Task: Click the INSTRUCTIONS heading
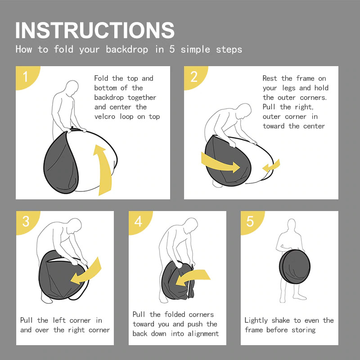tap(95, 30)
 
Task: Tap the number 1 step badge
tap(27, 76)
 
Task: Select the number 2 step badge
tap(195, 76)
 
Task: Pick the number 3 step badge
tap(27, 222)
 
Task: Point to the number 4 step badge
tap(139, 222)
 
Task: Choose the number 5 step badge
tap(252, 222)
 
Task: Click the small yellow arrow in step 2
tap(271, 166)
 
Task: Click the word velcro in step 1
tap(105, 117)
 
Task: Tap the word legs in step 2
tap(289, 88)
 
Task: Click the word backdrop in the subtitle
tap(127, 49)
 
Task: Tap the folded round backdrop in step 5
tap(295, 266)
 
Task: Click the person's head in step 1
tap(72, 88)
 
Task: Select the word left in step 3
tap(59, 320)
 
